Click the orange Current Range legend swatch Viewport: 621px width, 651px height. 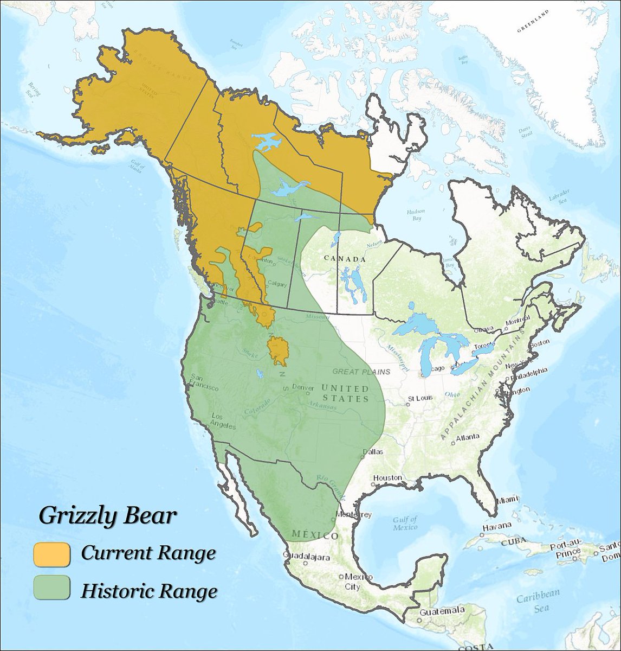pyautogui.click(x=51, y=554)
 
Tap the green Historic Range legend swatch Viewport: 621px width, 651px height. pyautogui.click(x=51, y=588)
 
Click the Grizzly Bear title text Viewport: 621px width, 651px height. pyautogui.click(x=107, y=515)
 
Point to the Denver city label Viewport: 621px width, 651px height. pyautogui.click(x=303, y=387)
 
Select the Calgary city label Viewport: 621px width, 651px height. pyautogui.click(x=277, y=284)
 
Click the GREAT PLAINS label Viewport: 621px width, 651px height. pyautogui.click(x=361, y=372)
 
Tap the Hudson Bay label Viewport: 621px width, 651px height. pyautogui.click(x=415, y=215)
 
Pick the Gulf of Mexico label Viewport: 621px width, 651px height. pyautogui.click(x=405, y=524)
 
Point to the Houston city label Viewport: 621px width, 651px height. pyautogui.click(x=387, y=478)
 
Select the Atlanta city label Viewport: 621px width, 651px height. pyautogui.click(x=467, y=437)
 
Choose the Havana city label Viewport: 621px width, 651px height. pyautogui.click(x=497, y=526)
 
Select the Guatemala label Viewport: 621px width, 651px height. pyautogui.click(x=442, y=610)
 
